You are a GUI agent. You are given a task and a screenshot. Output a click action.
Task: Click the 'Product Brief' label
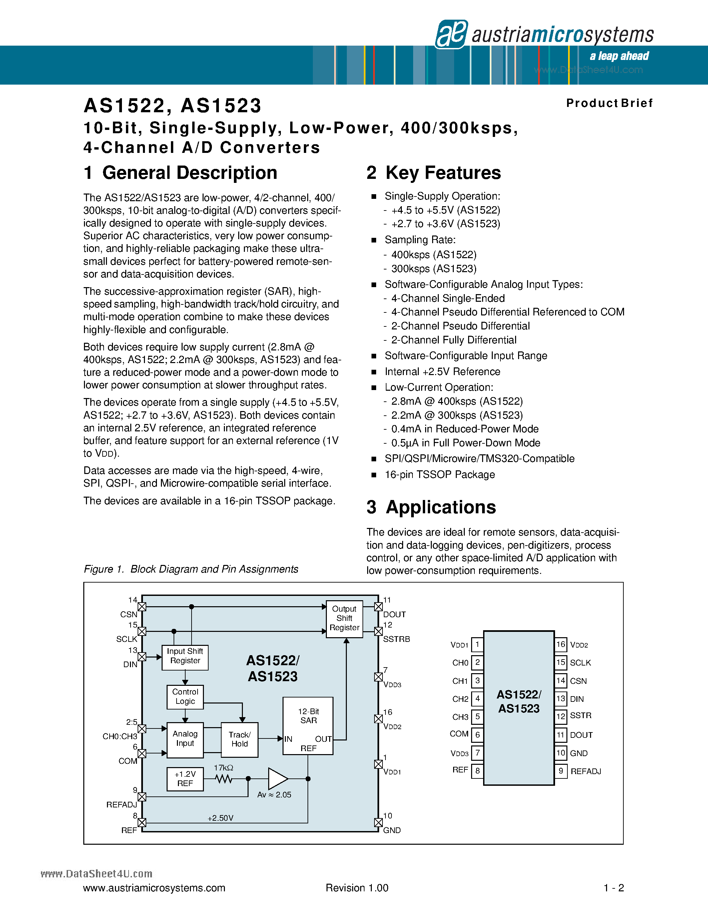tap(609, 103)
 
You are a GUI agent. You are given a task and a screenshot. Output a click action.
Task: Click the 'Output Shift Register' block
tap(345, 619)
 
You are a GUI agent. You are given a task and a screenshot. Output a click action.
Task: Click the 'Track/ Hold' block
tap(240, 739)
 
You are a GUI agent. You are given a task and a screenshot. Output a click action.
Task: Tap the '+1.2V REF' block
tap(185, 779)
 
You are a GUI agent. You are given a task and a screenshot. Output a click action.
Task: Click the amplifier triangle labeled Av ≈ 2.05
tap(277, 779)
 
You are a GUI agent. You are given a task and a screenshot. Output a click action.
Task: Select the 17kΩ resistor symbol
tap(224, 779)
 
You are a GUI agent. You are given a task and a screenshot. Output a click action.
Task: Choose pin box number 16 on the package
tap(561, 645)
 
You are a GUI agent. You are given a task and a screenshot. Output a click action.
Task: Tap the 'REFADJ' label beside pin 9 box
tap(585, 771)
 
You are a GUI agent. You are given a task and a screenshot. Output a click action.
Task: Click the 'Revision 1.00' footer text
tap(357, 888)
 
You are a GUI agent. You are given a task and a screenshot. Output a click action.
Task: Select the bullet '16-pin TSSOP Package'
tap(439, 474)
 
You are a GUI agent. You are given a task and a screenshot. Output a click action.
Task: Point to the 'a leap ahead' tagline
tap(619, 56)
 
